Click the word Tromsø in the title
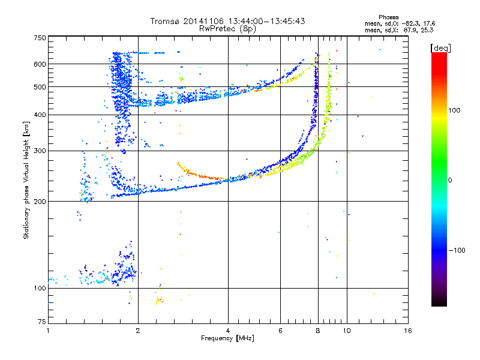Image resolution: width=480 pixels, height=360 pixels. [164, 21]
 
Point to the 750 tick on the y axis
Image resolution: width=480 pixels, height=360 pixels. [40, 37]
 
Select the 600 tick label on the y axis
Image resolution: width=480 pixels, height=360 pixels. [40, 64]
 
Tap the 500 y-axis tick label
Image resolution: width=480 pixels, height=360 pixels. [40, 87]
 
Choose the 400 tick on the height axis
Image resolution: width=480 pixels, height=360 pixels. [40, 115]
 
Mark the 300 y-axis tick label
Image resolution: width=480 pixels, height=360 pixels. [40, 151]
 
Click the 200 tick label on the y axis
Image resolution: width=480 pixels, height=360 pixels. [40, 201]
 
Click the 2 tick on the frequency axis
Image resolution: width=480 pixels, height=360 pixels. [138, 331]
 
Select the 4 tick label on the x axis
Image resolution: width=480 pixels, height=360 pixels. [228, 331]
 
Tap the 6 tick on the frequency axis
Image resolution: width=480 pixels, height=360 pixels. [280, 331]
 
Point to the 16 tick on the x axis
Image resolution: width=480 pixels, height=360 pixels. [408, 331]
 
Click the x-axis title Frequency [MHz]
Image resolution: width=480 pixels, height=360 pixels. [227, 338]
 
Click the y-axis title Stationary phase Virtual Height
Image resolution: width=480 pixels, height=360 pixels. [26, 180]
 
